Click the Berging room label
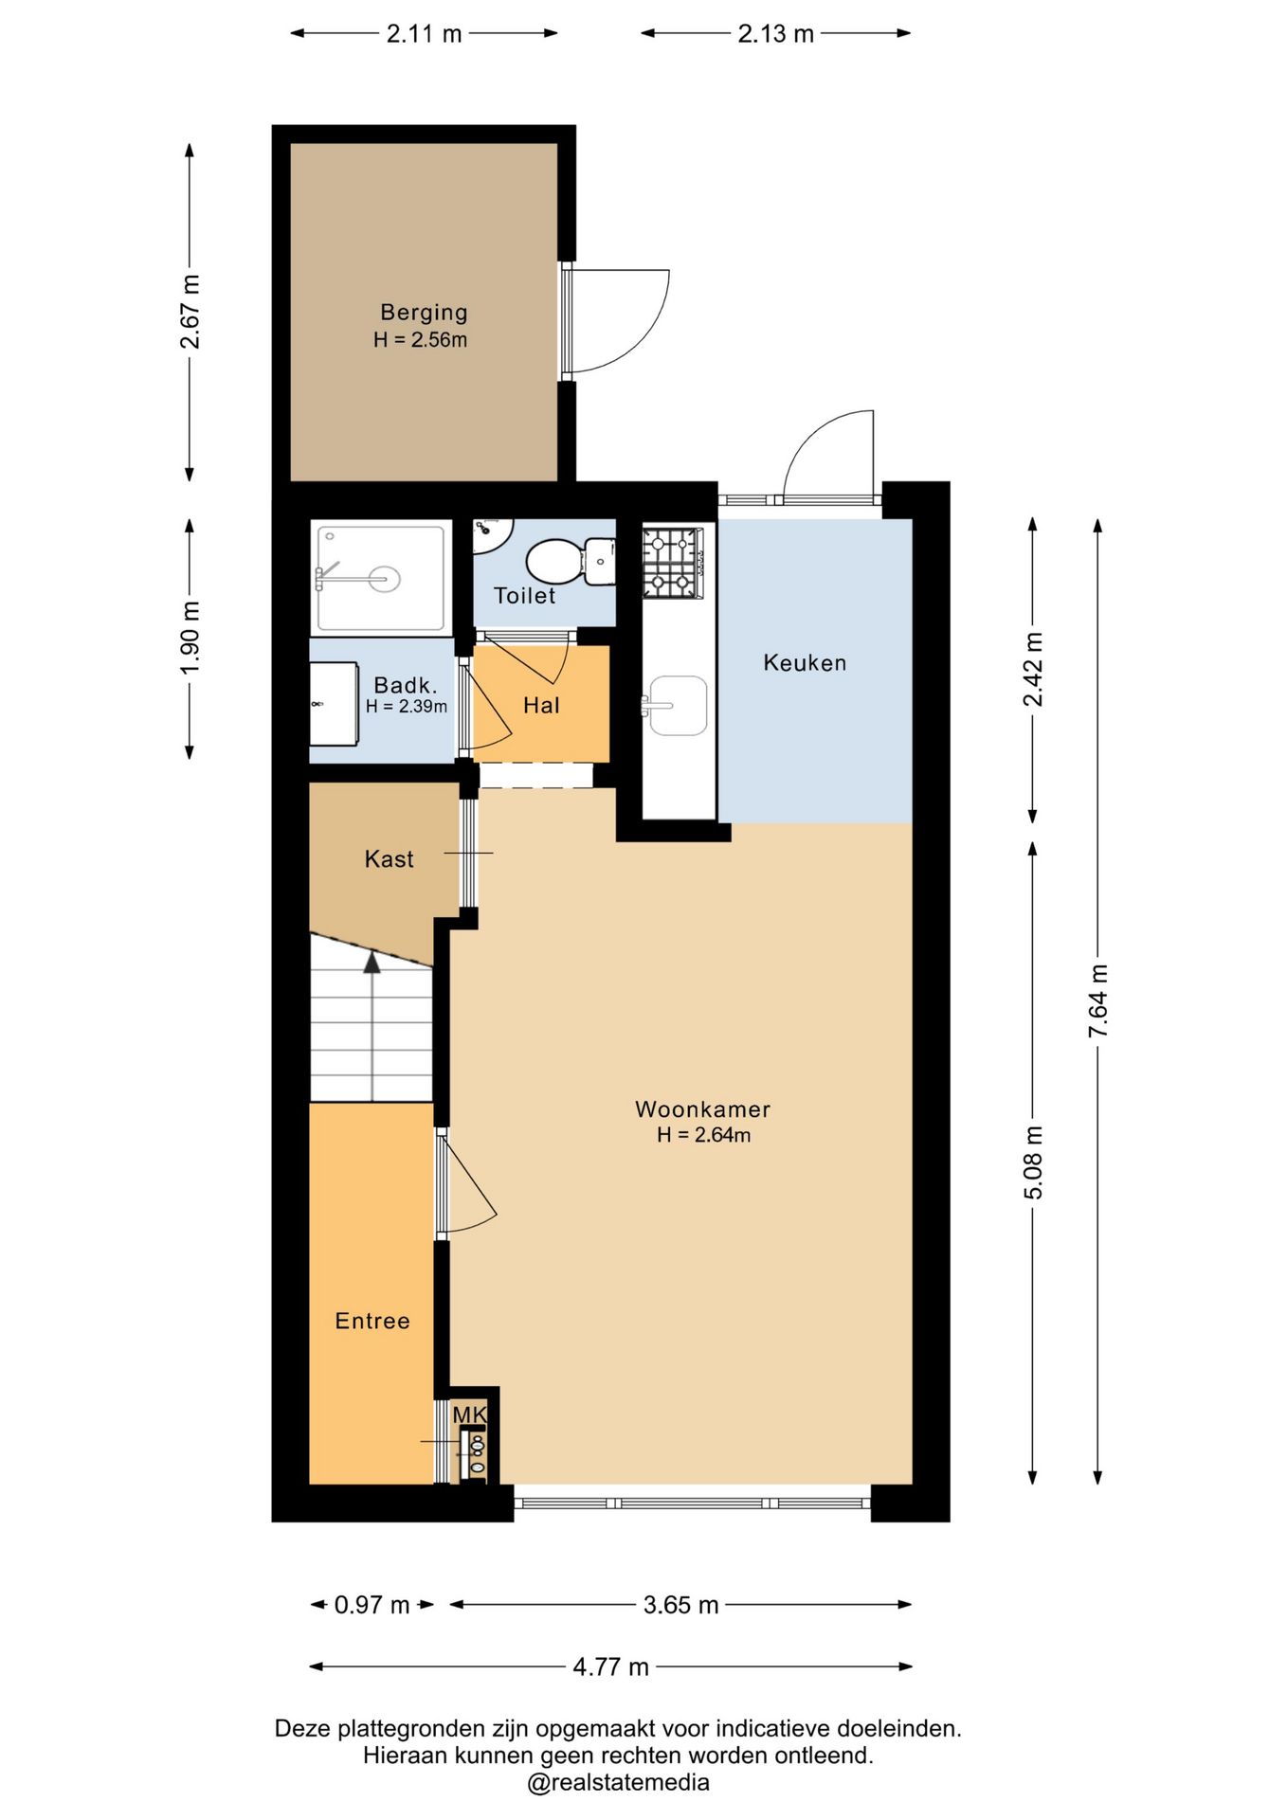(x=424, y=312)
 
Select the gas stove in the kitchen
(x=673, y=563)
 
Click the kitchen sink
(x=676, y=705)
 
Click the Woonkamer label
(x=702, y=1108)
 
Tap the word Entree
(x=372, y=1321)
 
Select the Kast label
(x=389, y=859)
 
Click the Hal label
(x=541, y=705)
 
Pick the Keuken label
(x=805, y=662)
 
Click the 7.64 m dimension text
(x=1097, y=1000)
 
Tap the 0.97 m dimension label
(x=372, y=1605)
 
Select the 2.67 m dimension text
(x=190, y=312)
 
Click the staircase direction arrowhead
(x=372, y=963)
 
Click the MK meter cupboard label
(x=469, y=1414)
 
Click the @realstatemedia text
(x=618, y=1782)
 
